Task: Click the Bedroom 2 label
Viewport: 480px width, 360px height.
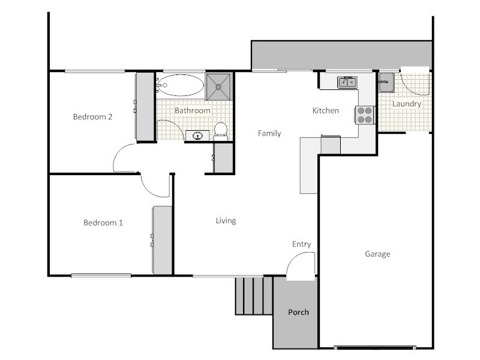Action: [x=92, y=117]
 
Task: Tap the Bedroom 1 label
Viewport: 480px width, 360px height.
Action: [x=103, y=223]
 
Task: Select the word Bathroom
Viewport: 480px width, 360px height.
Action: [x=192, y=110]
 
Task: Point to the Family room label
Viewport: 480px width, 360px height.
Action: [x=269, y=133]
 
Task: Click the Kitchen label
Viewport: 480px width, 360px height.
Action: [x=326, y=110]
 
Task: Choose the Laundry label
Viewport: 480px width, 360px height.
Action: [x=407, y=104]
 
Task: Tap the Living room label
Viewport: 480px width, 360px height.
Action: [x=226, y=221]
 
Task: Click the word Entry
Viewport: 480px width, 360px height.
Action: [x=301, y=244]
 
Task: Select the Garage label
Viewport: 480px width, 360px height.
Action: [x=377, y=254]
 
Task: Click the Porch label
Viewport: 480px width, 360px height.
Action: [x=298, y=312]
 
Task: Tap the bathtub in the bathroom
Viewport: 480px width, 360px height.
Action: [x=180, y=86]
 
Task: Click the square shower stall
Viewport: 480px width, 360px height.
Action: [x=219, y=86]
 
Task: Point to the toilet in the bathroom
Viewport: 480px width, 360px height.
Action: [x=220, y=130]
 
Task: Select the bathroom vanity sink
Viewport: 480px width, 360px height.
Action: [x=197, y=136]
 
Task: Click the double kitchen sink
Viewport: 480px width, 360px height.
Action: [x=346, y=82]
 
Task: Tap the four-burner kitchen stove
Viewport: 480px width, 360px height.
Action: [x=365, y=115]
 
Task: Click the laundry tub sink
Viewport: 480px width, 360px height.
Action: [x=386, y=82]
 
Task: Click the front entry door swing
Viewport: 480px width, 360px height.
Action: [x=300, y=266]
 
